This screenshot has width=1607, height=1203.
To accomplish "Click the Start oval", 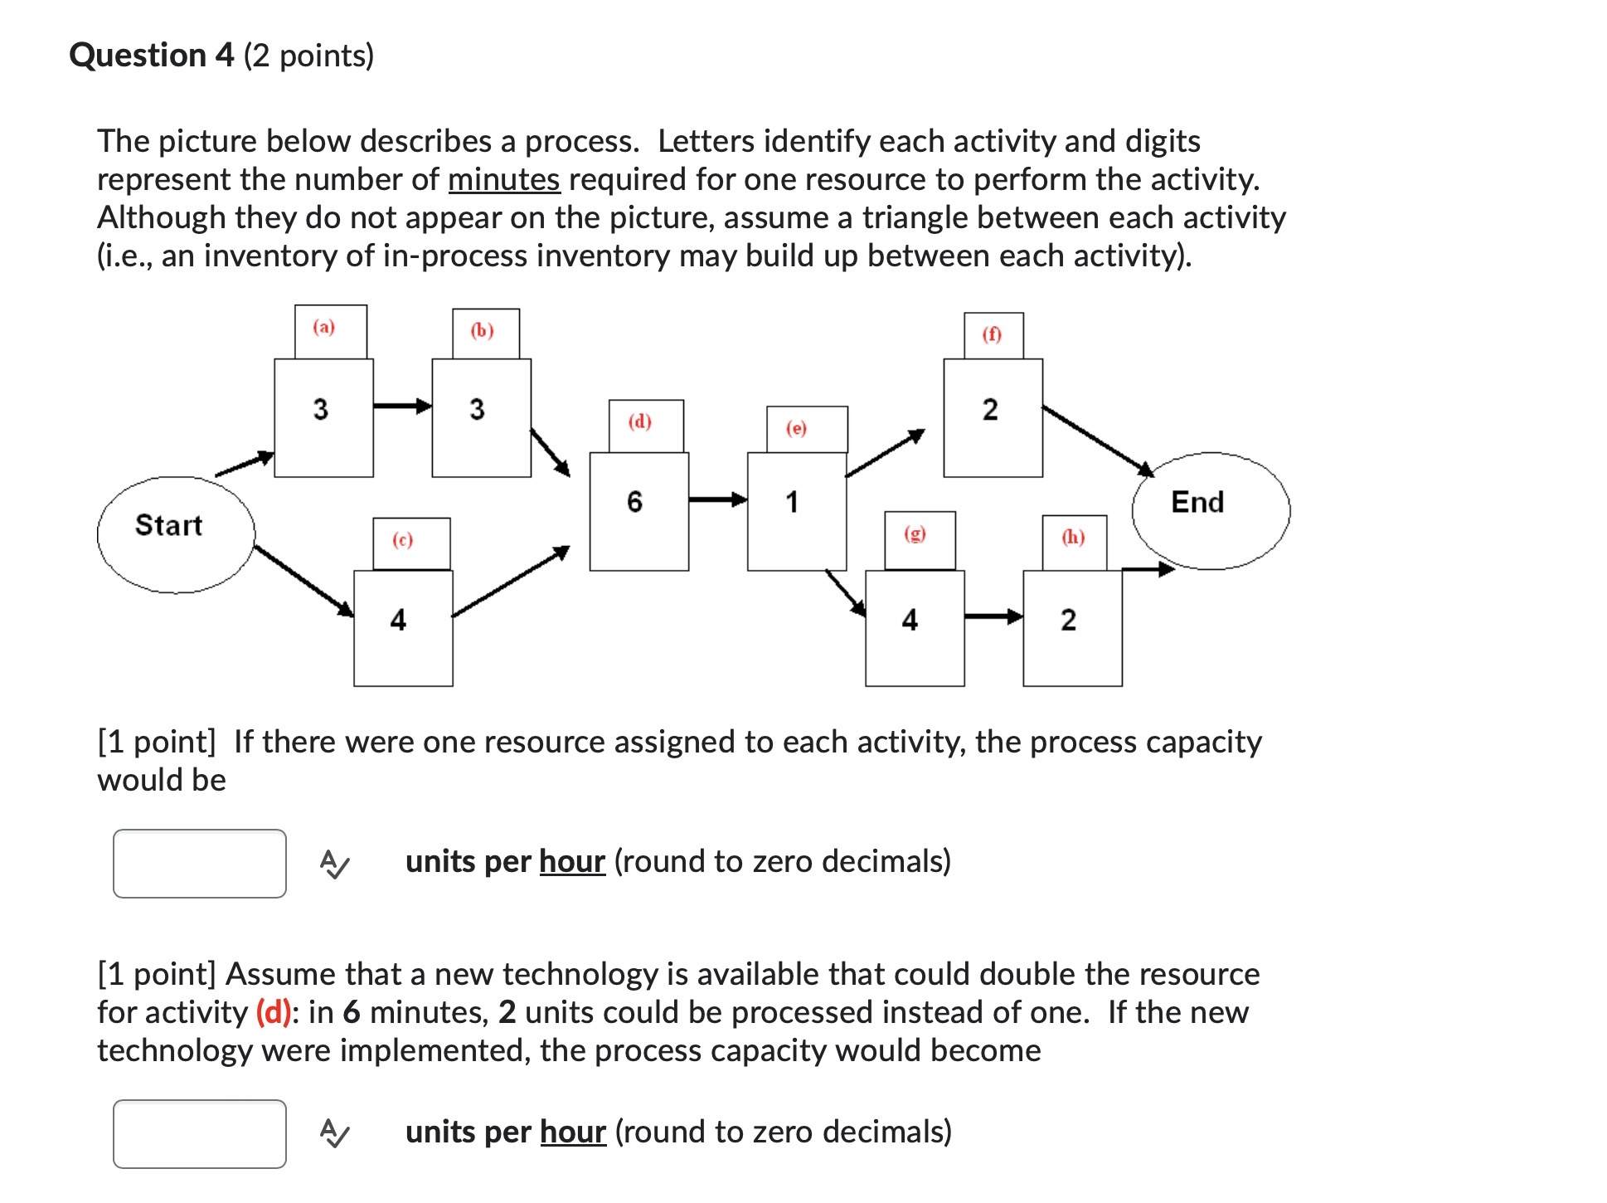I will (175, 534).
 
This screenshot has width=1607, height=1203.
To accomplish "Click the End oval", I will (1210, 510).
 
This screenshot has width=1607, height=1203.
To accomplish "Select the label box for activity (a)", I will (330, 330).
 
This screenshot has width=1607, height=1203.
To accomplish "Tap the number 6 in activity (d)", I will (634, 501).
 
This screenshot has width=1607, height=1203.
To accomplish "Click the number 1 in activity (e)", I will (792, 501).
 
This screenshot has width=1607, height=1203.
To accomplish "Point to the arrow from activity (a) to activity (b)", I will (402, 406).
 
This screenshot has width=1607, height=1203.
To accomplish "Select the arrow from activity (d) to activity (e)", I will (717, 499).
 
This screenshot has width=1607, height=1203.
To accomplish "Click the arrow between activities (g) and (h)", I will (993, 616).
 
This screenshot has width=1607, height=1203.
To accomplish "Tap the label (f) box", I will (993, 335).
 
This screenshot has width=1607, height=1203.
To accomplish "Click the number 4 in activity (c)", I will (398, 620).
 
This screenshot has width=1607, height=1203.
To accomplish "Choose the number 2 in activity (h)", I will (1068, 620).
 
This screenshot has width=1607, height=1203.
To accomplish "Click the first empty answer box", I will (200, 863).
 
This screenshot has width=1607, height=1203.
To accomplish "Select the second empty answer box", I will (200, 1133).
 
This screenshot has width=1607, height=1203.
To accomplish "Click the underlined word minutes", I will (503, 179).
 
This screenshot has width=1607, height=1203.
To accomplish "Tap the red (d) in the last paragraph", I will (274, 1012).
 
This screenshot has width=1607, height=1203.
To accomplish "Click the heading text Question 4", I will (152, 56).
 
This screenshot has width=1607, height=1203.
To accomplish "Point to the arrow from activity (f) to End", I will (1096, 440).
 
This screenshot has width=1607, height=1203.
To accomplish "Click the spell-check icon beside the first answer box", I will (334, 864).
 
